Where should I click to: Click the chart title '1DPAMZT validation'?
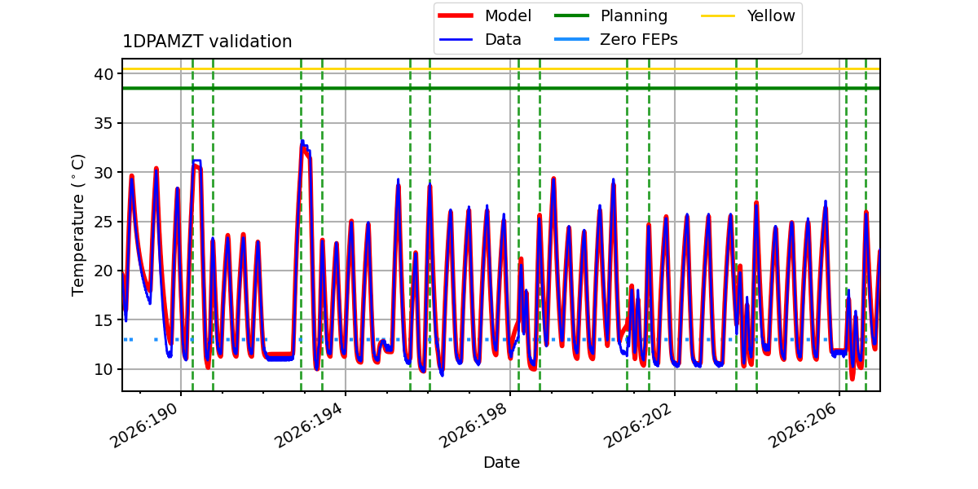point(207,42)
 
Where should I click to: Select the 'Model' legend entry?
point(485,15)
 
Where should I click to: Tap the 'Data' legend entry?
point(479,40)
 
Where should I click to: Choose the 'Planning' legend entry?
point(610,15)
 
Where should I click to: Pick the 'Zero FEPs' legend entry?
point(615,40)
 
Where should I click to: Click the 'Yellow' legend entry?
point(748,15)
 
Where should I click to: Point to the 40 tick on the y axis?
point(104,74)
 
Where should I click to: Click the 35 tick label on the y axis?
point(104,124)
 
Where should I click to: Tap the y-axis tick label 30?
point(104,173)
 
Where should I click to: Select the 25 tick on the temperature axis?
point(104,222)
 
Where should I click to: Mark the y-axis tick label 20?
point(104,271)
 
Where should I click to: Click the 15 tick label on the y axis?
point(104,320)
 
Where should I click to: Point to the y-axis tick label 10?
point(104,369)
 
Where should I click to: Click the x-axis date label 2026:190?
point(145,425)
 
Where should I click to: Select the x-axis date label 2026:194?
point(310,425)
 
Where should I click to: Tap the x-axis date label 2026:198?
point(474,425)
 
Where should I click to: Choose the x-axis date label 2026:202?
point(639,425)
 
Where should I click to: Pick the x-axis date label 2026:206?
point(804,425)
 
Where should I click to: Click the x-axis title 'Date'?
point(501,462)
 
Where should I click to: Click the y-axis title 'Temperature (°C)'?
point(77,225)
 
